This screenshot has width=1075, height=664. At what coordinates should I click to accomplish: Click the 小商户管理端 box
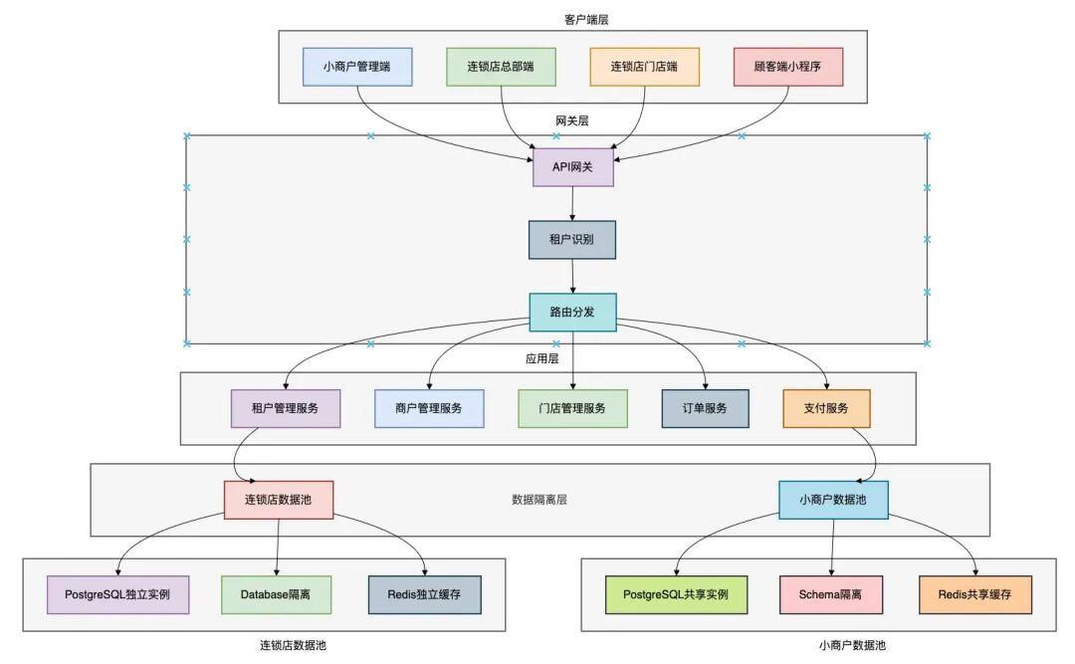coord(357,67)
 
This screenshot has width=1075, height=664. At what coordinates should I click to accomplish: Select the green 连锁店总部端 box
coord(501,67)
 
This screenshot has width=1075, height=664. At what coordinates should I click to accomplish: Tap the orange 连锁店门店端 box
coord(644,67)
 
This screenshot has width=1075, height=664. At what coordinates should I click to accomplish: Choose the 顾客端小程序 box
coord(788,67)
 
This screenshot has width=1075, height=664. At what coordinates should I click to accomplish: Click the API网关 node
coord(572,167)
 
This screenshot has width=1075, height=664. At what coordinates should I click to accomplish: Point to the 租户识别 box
coord(572,240)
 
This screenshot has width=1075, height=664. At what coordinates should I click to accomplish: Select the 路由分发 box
coord(572,312)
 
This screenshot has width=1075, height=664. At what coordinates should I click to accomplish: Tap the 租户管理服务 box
coord(286,408)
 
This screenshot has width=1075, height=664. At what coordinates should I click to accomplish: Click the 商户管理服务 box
coord(429,408)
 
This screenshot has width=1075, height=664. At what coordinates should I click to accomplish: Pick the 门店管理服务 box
coord(572,408)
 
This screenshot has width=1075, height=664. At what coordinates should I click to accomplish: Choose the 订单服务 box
coord(705,408)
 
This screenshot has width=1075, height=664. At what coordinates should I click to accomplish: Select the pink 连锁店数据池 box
coord(278,500)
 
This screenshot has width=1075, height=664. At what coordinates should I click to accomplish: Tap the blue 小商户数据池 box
coord(833,500)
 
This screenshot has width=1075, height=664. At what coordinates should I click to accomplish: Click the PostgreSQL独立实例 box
coord(118,594)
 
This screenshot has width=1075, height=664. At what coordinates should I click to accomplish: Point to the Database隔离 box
coord(276,594)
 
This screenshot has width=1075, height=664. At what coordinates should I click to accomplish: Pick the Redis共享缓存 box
coord(974,594)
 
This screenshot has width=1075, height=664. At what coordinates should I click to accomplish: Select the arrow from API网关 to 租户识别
coord(572,203)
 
